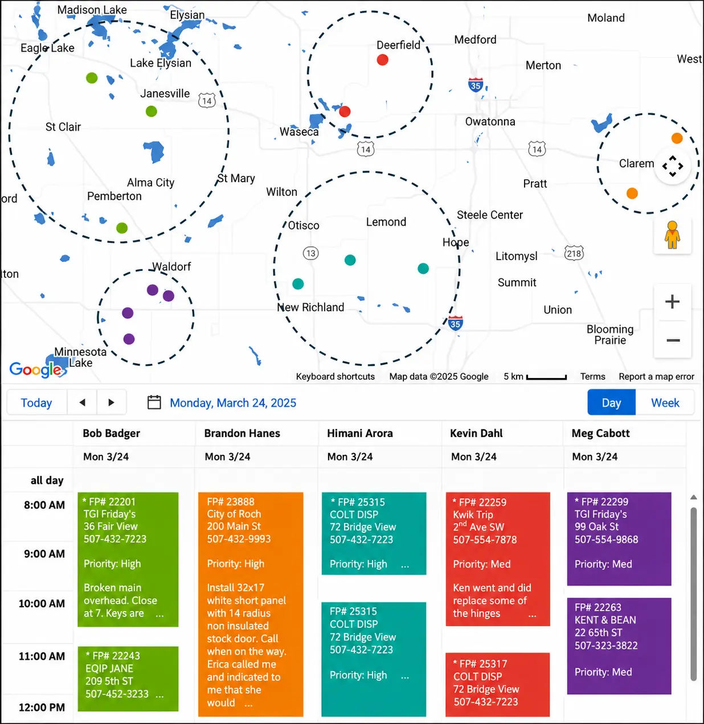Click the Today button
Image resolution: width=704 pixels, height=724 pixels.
click(x=36, y=402)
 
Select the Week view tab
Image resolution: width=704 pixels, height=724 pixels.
click(x=665, y=402)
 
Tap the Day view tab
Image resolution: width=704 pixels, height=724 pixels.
click(x=611, y=402)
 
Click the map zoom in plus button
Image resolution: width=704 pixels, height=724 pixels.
click(x=672, y=302)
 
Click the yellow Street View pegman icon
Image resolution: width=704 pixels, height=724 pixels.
click(x=672, y=235)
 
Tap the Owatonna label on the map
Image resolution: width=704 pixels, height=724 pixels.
click(x=490, y=122)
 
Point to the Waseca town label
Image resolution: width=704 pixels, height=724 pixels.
click(x=299, y=131)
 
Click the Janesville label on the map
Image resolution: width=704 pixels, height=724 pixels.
click(x=165, y=93)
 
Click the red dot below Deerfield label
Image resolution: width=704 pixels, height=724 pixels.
click(x=382, y=60)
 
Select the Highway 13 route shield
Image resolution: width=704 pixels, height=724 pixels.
click(x=311, y=253)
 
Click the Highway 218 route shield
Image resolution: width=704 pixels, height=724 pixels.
click(x=574, y=253)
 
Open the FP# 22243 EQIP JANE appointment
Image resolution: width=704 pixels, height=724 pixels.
click(x=128, y=678)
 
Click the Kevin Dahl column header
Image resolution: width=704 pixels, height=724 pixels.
click(x=476, y=433)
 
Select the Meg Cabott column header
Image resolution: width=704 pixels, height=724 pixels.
click(x=600, y=433)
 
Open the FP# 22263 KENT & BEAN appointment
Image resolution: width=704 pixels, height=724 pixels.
click(x=619, y=646)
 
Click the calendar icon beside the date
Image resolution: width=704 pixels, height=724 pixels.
click(x=154, y=402)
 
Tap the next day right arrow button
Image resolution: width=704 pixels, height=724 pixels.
click(x=111, y=402)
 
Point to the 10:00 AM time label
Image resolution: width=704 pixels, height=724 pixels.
click(x=42, y=603)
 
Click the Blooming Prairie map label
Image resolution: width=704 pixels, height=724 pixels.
click(x=610, y=335)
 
